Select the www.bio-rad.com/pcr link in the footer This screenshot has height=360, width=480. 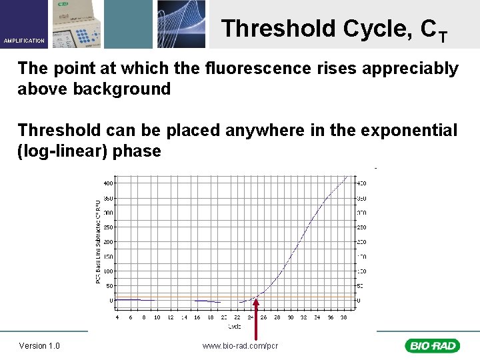[x=240, y=345]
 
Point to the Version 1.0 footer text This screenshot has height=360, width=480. [x=39, y=345]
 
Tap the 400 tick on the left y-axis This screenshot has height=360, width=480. [x=107, y=183]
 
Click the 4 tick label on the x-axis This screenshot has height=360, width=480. [x=117, y=317]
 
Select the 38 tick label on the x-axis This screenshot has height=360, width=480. [x=343, y=317]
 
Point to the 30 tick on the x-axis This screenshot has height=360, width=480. [x=290, y=317]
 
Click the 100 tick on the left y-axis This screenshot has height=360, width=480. [x=107, y=271]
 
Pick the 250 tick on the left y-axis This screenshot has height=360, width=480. [x=107, y=227]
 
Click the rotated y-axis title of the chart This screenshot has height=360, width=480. [x=98, y=241]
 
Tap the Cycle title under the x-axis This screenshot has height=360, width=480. [x=235, y=327]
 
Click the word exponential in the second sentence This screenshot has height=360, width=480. [x=409, y=130]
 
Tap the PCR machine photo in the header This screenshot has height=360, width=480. [x=77, y=24]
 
